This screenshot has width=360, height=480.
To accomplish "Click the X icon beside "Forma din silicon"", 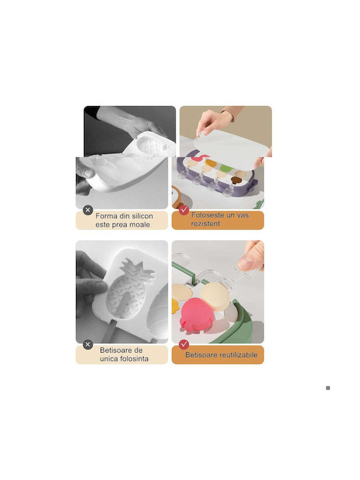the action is click(x=88, y=210).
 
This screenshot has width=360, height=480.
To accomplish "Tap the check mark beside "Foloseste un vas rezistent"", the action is click(x=184, y=210).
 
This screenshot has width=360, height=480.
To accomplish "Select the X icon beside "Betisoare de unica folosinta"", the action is click(x=88, y=345).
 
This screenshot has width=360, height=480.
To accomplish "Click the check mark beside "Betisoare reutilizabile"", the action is click(x=184, y=345).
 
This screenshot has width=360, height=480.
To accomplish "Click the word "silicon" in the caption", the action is click(x=143, y=216).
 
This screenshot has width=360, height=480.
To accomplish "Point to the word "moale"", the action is click(x=139, y=225).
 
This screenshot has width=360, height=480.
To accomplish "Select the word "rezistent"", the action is click(x=205, y=223).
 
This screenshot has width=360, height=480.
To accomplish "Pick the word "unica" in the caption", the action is click(x=109, y=359).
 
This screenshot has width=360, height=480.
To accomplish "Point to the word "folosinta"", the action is click(x=135, y=359).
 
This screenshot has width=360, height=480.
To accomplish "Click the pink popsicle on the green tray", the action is click(x=196, y=314).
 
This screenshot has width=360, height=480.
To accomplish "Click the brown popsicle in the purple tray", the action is click(x=235, y=180).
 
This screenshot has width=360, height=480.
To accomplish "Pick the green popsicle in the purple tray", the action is click(x=226, y=168).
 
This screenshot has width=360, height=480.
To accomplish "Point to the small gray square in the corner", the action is click(x=328, y=388).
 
